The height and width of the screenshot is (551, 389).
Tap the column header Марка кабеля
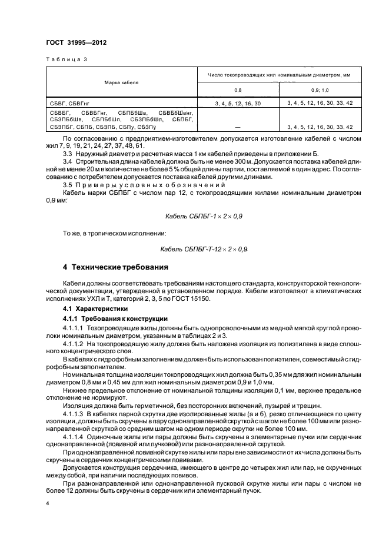coord(122,82)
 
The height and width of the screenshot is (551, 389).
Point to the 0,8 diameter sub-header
coord(238,90)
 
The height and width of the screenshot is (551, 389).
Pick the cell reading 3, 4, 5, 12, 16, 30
coord(238,103)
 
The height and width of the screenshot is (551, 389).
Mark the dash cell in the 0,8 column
coord(238,127)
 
